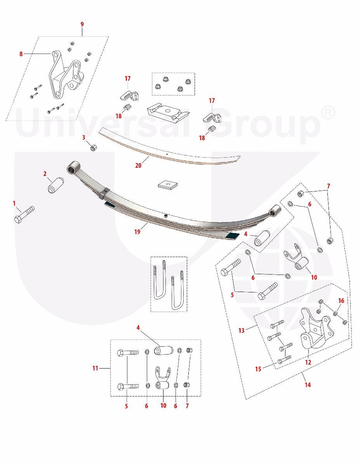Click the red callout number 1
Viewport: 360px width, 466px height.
[x=14, y=203]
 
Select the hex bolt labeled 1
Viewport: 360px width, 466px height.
[x=24, y=214]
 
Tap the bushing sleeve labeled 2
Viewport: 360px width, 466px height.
[x=55, y=185]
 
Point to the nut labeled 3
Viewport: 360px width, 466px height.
[x=94, y=148]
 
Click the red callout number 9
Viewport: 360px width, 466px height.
[x=82, y=24]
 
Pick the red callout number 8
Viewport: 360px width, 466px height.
[x=21, y=54]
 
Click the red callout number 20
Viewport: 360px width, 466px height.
[x=138, y=165]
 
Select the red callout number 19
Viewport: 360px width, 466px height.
[x=137, y=231]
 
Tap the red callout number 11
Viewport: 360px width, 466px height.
[x=95, y=368]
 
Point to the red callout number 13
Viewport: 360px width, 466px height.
[x=242, y=330]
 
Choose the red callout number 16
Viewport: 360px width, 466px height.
[x=341, y=301]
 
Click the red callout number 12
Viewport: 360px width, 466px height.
[x=308, y=362]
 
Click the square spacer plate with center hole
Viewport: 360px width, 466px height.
[x=169, y=184]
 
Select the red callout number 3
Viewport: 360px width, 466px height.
[x=83, y=137]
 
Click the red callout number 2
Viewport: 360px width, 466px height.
[x=45, y=174]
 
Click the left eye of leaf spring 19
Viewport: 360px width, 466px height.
[x=73, y=167]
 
